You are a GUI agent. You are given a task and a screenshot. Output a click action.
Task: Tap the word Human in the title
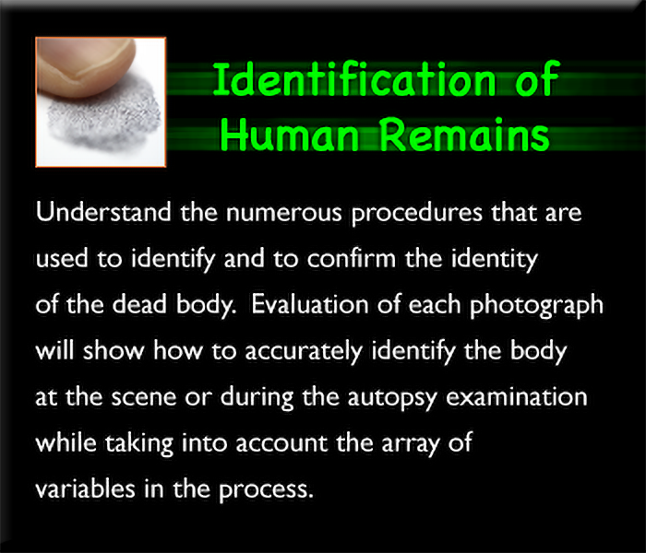point(290,135)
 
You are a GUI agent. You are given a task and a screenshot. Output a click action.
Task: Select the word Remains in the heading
point(464,135)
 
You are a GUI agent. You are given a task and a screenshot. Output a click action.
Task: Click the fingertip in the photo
point(86,65)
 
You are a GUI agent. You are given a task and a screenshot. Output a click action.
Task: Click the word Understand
point(103,212)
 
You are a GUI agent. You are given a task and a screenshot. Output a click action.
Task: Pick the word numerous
point(284,214)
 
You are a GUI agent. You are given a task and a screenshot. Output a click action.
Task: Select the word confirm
point(351,259)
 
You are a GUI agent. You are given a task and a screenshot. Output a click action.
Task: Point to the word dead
point(139,305)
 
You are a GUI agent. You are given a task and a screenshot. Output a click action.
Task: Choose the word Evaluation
point(310,305)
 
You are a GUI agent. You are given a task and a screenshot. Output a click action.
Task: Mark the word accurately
point(304,352)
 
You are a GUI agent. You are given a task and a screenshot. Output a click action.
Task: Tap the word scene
point(144,397)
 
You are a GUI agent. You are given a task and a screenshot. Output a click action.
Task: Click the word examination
point(517,397)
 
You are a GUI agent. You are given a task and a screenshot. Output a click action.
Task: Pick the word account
point(281,443)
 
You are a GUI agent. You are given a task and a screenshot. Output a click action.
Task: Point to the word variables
point(85,489)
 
